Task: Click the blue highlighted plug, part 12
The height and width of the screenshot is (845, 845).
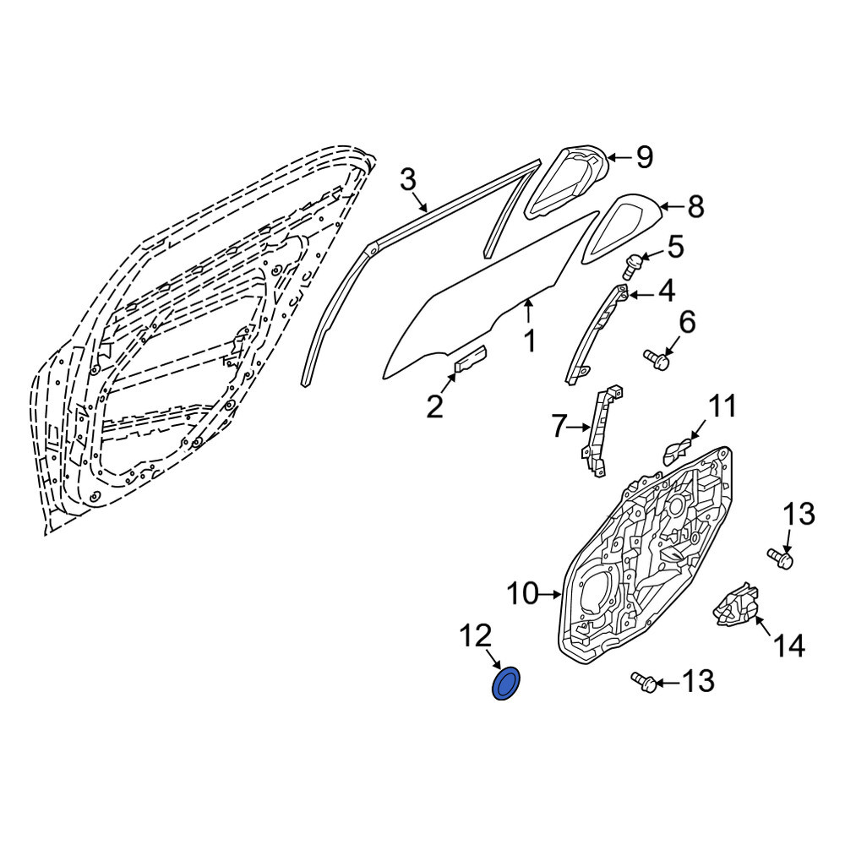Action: click(x=506, y=684)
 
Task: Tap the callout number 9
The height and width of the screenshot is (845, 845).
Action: click(x=645, y=157)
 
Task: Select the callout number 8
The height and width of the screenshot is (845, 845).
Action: click(x=695, y=206)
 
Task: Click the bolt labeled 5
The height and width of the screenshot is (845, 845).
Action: click(x=631, y=267)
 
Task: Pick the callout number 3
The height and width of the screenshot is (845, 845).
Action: click(x=408, y=179)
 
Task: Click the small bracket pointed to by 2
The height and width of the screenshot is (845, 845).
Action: click(x=471, y=358)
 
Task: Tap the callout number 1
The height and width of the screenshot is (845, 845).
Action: click(x=531, y=341)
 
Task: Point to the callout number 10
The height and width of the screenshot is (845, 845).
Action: click(x=523, y=593)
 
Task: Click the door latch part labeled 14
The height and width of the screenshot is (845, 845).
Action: click(x=735, y=605)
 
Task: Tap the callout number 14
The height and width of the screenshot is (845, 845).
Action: click(x=789, y=645)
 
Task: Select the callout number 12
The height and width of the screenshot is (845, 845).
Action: click(x=476, y=635)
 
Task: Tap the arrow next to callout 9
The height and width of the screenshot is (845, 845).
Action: click(x=619, y=157)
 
